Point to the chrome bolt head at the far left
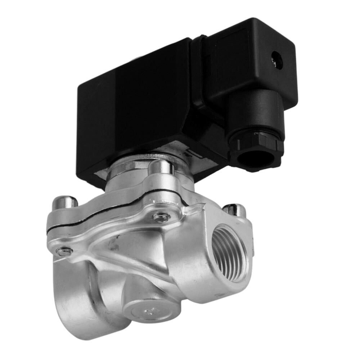coord(65,202)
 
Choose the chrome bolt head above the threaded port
coord(235,210)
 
